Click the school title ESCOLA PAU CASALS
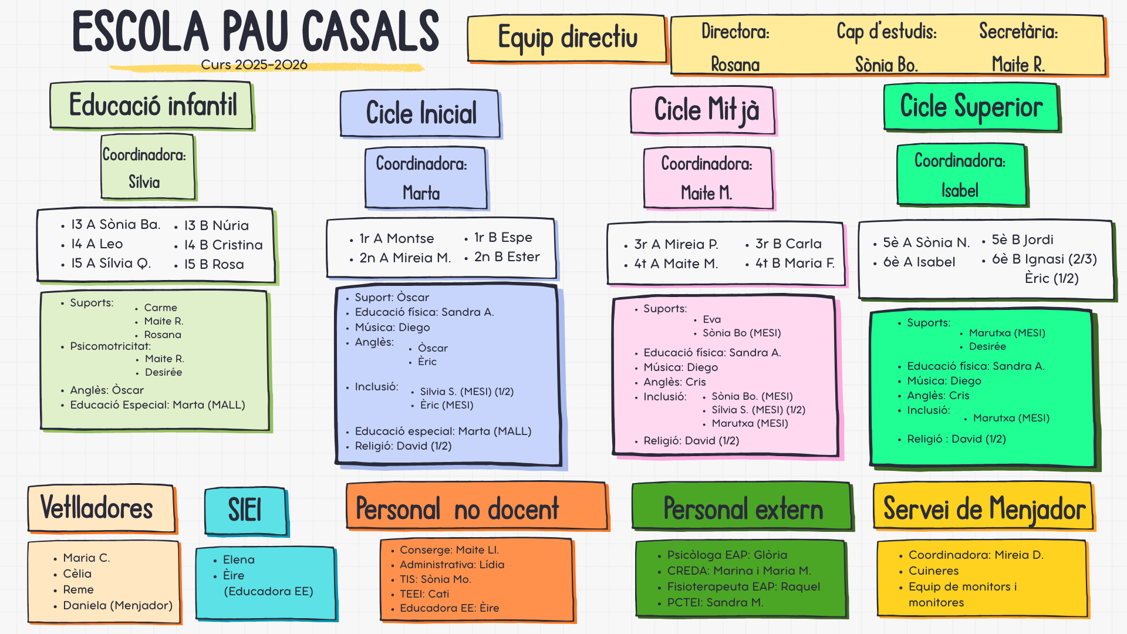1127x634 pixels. [255, 32]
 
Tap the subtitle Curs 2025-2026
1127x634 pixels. [254, 65]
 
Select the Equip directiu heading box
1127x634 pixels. [567, 39]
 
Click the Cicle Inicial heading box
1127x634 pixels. [420, 113]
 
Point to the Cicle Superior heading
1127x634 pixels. [971, 107]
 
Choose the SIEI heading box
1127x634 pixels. [245, 510]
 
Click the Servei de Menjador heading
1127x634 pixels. [984, 508]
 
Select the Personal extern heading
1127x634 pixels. [743, 508]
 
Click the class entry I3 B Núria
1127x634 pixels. [216, 225]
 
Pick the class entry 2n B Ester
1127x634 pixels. [507, 257]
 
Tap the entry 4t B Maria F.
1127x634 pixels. [795, 264]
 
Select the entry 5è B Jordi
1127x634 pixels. [1022, 240]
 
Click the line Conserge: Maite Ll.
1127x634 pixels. [449, 550]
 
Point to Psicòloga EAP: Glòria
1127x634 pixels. [727, 555]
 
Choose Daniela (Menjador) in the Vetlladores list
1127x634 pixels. [117, 605]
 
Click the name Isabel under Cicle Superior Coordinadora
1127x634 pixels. [960, 190]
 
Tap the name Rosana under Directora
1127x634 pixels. [735, 64]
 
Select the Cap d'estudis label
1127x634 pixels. [886, 31]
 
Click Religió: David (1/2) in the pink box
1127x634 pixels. [691, 441]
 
